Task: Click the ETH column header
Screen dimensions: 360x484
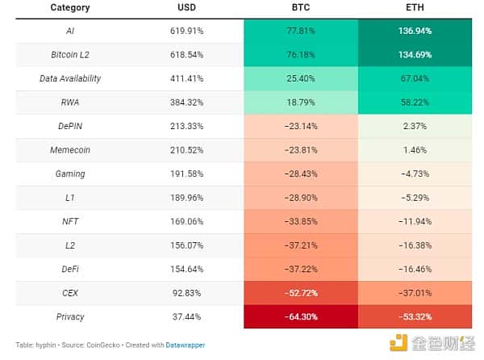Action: click(416, 8)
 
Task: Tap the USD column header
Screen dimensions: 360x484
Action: click(186, 8)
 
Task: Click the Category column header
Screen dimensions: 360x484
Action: click(70, 8)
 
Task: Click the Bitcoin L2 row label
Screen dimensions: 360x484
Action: click(70, 56)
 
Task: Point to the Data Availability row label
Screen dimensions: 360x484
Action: click(70, 79)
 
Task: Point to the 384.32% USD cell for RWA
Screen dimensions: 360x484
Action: click(186, 103)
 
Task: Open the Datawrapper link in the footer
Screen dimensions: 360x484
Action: click(186, 345)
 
